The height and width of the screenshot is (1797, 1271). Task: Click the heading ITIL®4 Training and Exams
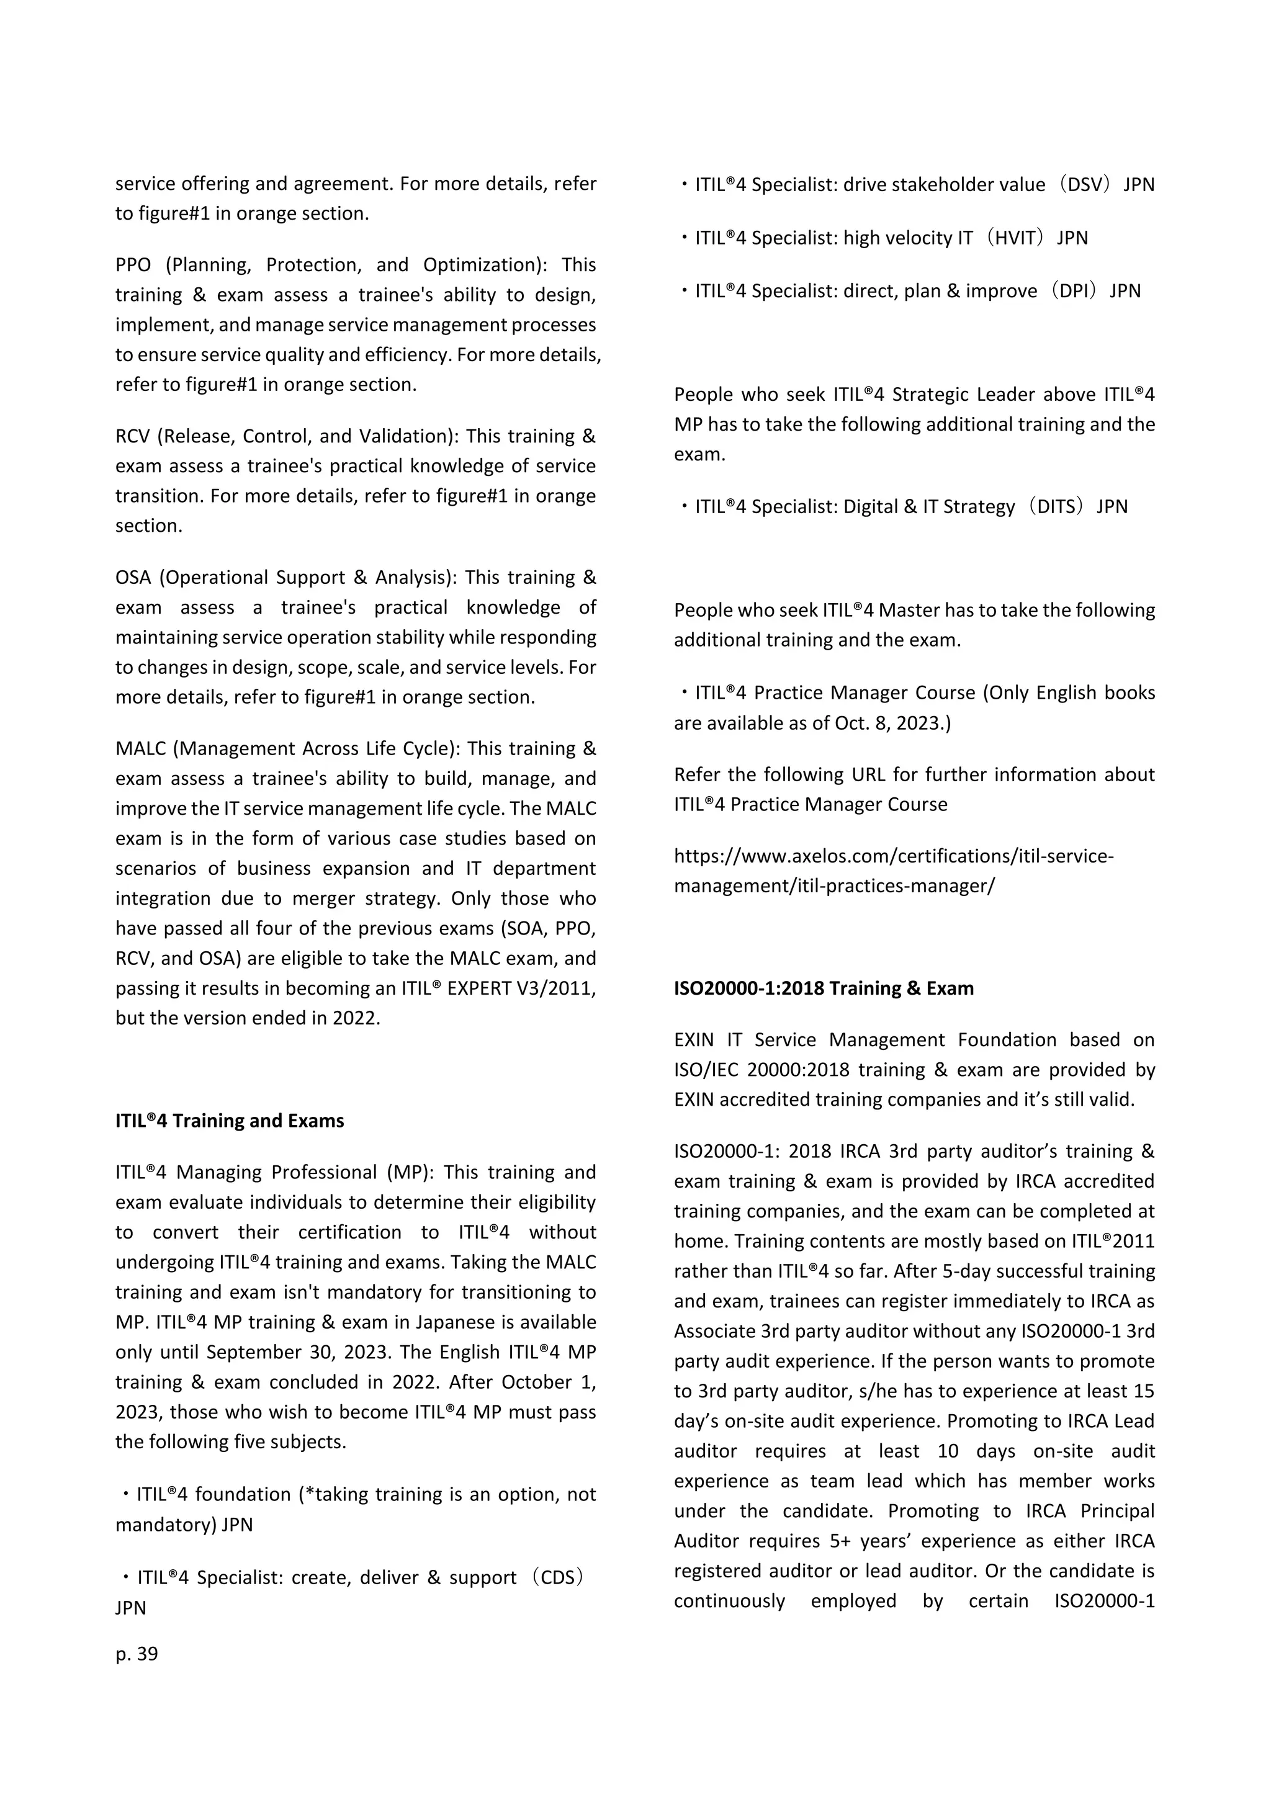click(229, 1121)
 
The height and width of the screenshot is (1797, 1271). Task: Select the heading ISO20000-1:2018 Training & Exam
click(824, 988)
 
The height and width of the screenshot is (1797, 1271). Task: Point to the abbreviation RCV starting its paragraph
click(132, 437)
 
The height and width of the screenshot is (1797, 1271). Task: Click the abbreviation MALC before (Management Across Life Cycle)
click(141, 749)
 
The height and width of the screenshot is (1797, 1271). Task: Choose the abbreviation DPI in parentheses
click(1073, 291)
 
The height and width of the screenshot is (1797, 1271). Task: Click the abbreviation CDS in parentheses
click(557, 1578)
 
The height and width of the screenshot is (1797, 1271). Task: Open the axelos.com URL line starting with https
click(892, 856)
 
